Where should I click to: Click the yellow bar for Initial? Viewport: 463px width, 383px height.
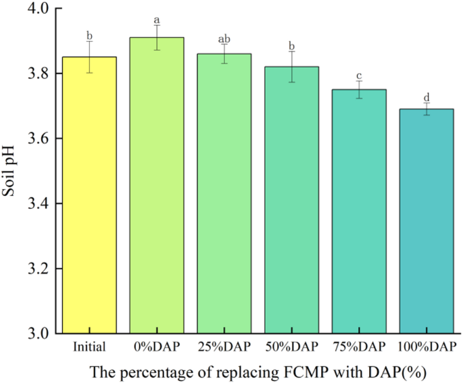coord(90,195)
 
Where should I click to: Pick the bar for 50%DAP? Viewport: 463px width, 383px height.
coord(291,200)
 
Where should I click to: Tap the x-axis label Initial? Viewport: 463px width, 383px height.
coord(91,347)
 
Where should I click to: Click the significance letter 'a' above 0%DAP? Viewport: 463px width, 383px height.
coord(157,20)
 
